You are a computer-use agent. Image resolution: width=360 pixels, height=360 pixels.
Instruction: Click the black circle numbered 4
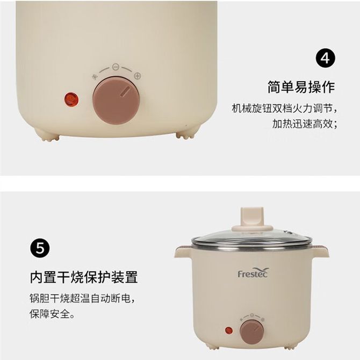tap(325, 58)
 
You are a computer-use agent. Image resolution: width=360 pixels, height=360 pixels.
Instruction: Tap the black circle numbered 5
tap(40, 248)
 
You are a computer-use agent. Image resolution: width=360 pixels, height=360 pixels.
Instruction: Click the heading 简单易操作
tap(301, 87)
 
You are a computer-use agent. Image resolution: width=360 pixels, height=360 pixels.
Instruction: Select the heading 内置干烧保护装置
tap(84, 277)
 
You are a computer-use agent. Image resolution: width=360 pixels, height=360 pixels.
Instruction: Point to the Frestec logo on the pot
tap(253, 272)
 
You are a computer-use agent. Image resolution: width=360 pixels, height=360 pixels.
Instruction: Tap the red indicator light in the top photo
tap(71, 99)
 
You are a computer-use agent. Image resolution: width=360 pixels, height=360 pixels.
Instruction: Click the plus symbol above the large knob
tap(138, 76)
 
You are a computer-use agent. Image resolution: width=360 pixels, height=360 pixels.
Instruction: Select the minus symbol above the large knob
tap(116, 67)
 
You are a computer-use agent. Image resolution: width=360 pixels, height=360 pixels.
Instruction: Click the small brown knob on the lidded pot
tap(251, 332)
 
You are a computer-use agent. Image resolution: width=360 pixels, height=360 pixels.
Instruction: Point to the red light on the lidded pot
tap(229, 330)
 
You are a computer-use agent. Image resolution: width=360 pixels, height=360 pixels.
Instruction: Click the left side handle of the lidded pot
tap(183, 252)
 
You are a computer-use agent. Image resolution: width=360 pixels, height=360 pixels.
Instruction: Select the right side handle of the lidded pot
tap(321, 252)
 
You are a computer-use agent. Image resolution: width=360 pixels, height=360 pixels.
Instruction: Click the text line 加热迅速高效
tap(305, 124)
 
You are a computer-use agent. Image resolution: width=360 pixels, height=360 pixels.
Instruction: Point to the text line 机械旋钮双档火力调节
tap(284, 109)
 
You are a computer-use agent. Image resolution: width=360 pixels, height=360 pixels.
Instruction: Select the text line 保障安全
tap(52, 314)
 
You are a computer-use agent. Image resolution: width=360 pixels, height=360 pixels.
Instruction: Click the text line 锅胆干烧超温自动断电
tap(82, 298)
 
